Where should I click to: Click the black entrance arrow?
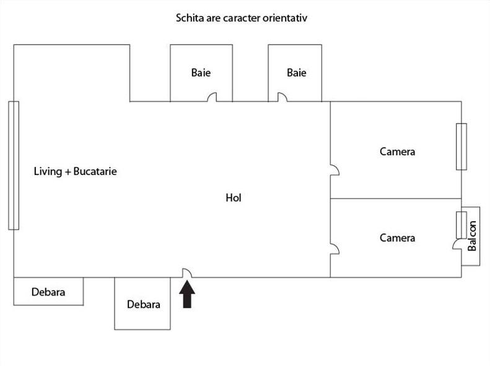pos(187,294)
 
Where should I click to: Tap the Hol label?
pos(234,198)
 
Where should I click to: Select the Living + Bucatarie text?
pos(76,171)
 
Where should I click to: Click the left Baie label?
pos(201,72)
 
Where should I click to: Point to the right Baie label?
pos(297,72)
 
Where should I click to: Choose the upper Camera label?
pos(398,151)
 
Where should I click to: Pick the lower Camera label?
pos(398,238)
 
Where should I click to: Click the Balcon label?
pos(472,236)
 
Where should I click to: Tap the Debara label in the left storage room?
pos(48,292)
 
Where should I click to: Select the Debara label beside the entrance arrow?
pos(144,304)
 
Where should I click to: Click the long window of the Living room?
pos(14,166)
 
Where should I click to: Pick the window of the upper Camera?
pos(462,147)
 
